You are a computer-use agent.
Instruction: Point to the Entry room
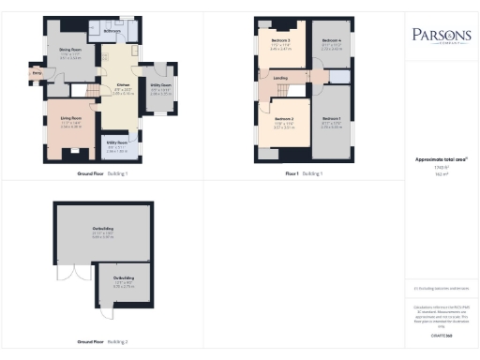[37, 71]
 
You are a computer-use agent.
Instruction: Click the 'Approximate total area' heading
[441, 159]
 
